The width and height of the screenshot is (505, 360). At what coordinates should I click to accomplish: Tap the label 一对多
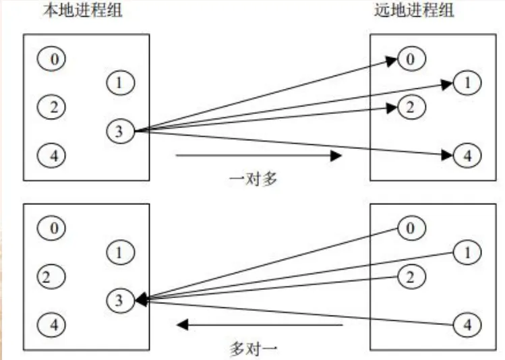pos(253,179)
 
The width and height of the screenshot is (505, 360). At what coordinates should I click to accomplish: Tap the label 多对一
pos(253,349)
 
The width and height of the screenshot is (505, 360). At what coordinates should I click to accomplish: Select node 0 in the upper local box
pos(54,59)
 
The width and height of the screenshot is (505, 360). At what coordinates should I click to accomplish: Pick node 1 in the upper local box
pos(120,83)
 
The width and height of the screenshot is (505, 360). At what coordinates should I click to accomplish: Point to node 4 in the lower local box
pos(54,324)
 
